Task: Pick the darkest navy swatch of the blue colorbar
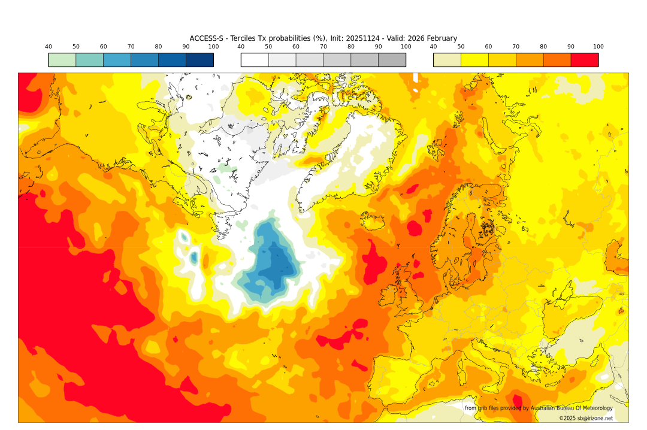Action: coord(199,60)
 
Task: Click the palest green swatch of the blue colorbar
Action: coord(62,60)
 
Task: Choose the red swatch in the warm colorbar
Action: coord(584,60)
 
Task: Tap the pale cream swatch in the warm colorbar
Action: coord(447,60)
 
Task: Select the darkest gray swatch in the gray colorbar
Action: coord(392,60)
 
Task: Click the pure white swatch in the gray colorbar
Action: coord(255,60)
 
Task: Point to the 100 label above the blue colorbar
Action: coord(213,47)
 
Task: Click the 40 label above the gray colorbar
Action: coord(241,47)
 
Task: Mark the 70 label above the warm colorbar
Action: coord(516,47)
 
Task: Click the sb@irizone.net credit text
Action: coord(591,418)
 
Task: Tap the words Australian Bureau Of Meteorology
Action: coord(572,408)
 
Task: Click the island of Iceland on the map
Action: coord(373,222)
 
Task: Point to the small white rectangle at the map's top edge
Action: coord(415,77)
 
